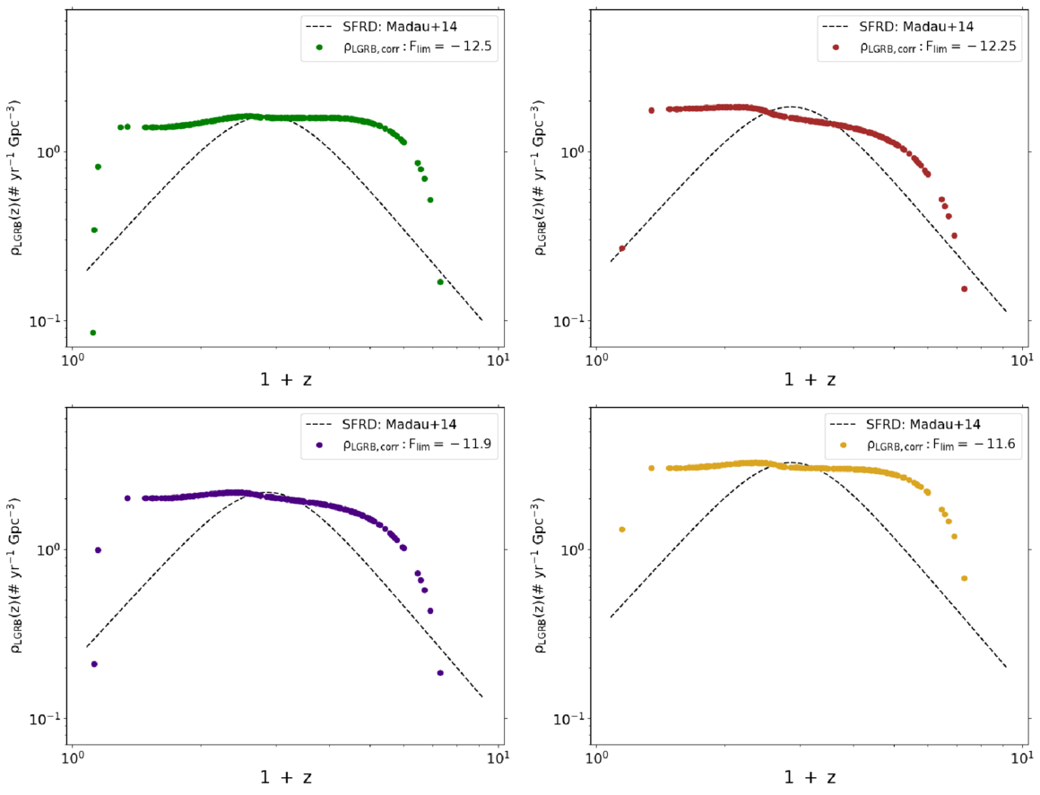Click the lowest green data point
coord(93,333)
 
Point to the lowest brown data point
coord(964,289)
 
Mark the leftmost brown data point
coord(621,248)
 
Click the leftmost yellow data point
coord(621,530)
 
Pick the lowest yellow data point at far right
coord(964,578)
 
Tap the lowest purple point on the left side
coord(93,664)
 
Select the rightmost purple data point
coord(440,673)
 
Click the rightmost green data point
coord(440,282)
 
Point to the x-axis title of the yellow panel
coord(810,777)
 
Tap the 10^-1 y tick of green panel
coord(48,321)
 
